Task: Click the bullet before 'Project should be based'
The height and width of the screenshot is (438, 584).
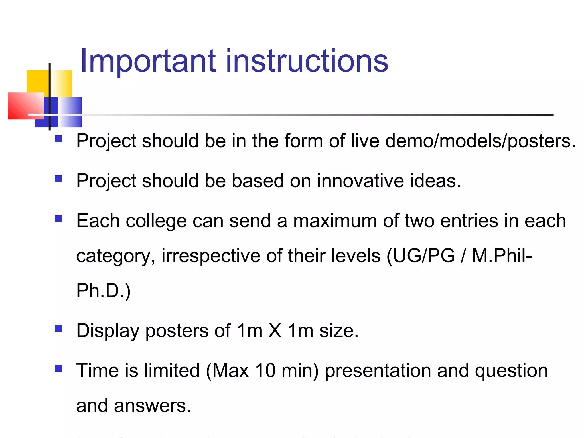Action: pyautogui.click(x=58, y=179)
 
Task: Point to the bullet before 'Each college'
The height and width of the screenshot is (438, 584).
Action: pyautogui.click(x=58, y=219)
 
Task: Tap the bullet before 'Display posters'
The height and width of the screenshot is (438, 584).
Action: pyautogui.click(x=58, y=329)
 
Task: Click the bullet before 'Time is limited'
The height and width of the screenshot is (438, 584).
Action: pyautogui.click(x=58, y=369)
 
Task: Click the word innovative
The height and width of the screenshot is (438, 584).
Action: pyautogui.click(x=360, y=181)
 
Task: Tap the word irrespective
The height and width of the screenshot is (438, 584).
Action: pyautogui.click(x=211, y=256)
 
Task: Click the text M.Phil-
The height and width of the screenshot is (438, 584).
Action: pyautogui.click(x=502, y=256)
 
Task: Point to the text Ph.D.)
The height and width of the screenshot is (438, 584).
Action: pyautogui.click(x=103, y=291)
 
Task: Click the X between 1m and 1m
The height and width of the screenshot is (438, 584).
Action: pyautogui.click(x=275, y=331)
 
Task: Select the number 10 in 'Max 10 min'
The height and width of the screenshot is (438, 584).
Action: pyautogui.click(x=265, y=371)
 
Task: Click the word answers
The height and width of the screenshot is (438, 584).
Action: pyautogui.click(x=152, y=406)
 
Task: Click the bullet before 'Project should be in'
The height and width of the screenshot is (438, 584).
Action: pyautogui.click(x=58, y=139)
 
